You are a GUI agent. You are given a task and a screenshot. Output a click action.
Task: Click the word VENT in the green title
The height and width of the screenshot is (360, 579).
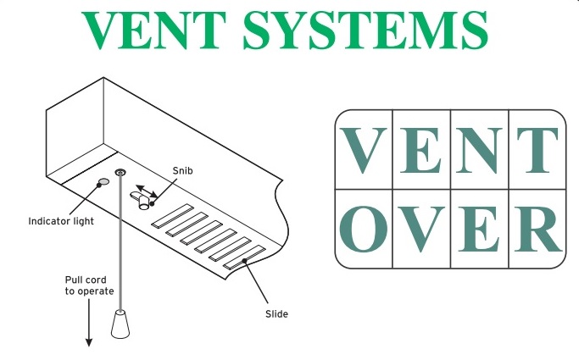coord(153,30)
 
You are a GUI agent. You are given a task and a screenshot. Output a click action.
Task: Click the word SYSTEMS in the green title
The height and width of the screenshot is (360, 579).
coord(365,30)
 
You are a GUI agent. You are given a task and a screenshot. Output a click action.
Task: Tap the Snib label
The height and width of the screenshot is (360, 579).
coord(182,171)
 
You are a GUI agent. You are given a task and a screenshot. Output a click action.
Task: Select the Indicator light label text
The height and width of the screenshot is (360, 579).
coord(61,221)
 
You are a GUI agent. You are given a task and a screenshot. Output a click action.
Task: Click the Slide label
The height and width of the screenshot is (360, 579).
coord(276,314)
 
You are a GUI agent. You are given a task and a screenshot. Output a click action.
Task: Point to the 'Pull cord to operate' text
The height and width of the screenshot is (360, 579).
coord(89,285)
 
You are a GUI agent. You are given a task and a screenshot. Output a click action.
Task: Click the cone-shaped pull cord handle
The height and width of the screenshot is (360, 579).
coord(120,324)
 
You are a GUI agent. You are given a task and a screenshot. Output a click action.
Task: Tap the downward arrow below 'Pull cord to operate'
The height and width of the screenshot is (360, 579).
coord(89,323)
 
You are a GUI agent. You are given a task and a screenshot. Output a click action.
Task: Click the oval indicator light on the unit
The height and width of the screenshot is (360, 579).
coord(103,181)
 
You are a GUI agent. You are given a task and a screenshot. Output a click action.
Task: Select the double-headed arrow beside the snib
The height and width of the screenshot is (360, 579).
coord(147,191)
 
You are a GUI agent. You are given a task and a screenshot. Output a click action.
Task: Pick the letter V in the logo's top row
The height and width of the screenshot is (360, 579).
coord(364,150)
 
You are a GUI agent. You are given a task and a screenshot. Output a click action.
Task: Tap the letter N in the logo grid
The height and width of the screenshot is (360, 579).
coord(479,150)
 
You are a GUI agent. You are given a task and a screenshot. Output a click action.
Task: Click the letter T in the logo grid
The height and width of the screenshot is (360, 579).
coord(537,150)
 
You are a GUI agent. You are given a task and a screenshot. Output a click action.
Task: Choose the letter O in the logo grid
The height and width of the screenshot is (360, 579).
coord(364,229)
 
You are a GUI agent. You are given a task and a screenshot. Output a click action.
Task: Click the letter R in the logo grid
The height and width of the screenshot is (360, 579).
coord(538,229)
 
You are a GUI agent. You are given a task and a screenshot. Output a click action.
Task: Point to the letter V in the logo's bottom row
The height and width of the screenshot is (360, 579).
coord(421,230)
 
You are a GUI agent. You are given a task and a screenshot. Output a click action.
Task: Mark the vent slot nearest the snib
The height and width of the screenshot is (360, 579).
coord(172,216)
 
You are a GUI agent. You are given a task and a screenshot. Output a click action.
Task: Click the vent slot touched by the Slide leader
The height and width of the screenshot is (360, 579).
coord(244,258)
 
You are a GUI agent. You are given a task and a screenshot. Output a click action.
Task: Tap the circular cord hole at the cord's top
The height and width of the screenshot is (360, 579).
coord(120,172)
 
